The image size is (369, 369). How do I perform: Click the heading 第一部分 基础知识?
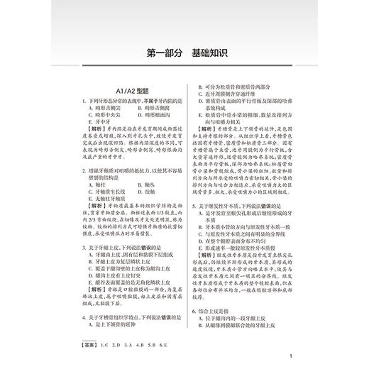[184, 53]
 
